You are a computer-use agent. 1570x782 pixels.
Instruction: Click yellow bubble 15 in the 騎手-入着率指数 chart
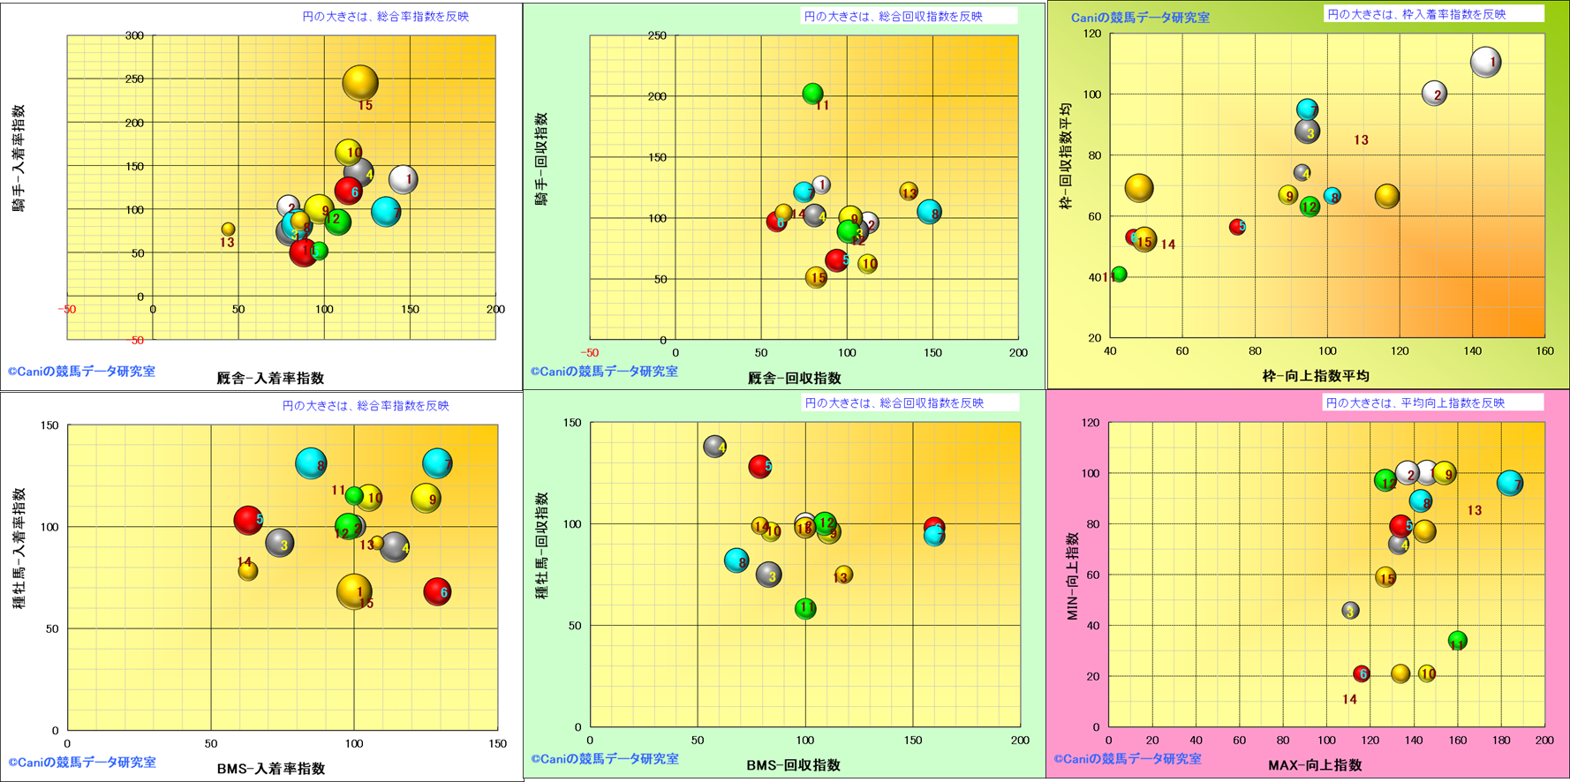click(x=360, y=83)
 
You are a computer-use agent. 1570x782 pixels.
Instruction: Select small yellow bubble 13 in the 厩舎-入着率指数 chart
click(x=228, y=229)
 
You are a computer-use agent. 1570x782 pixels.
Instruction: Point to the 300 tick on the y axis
click(x=134, y=36)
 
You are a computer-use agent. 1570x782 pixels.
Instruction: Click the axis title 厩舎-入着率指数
click(x=270, y=378)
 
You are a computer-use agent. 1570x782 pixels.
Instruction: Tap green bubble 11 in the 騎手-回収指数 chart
click(x=813, y=93)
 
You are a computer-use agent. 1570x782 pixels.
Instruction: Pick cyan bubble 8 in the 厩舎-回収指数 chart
click(x=929, y=212)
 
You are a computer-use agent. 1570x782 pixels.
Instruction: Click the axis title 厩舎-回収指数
click(x=794, y=378)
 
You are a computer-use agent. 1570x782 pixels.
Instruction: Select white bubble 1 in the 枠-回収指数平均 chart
click(x=1486, y=62)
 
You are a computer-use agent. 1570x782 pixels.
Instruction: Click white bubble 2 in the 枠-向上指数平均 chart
click(x=1435, y=94)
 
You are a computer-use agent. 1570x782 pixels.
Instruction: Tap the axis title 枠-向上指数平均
click(x=1316, y=376)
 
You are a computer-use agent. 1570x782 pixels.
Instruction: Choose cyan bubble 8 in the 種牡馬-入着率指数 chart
click(x=311, y=463)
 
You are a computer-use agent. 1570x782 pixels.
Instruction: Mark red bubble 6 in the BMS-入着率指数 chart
click(x=437, y=591)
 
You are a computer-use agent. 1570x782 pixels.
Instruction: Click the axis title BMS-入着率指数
click(x=270, y=768)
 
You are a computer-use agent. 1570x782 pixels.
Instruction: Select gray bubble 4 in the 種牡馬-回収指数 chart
click(x=714, y=447)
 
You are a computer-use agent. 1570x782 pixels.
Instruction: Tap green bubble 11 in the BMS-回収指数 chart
click(x=805, y=608)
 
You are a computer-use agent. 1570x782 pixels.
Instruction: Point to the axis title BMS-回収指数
click(x=793, y=765)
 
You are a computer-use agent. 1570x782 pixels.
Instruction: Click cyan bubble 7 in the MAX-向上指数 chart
click(x=1510, y=483)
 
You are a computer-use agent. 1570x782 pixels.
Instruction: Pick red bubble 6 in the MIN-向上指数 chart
click(x=1362, y=673)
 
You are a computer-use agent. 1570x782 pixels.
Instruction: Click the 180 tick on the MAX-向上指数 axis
click(x=1501, y=741)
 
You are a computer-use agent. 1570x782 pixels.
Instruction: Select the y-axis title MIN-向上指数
click(x=1073, y=575)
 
